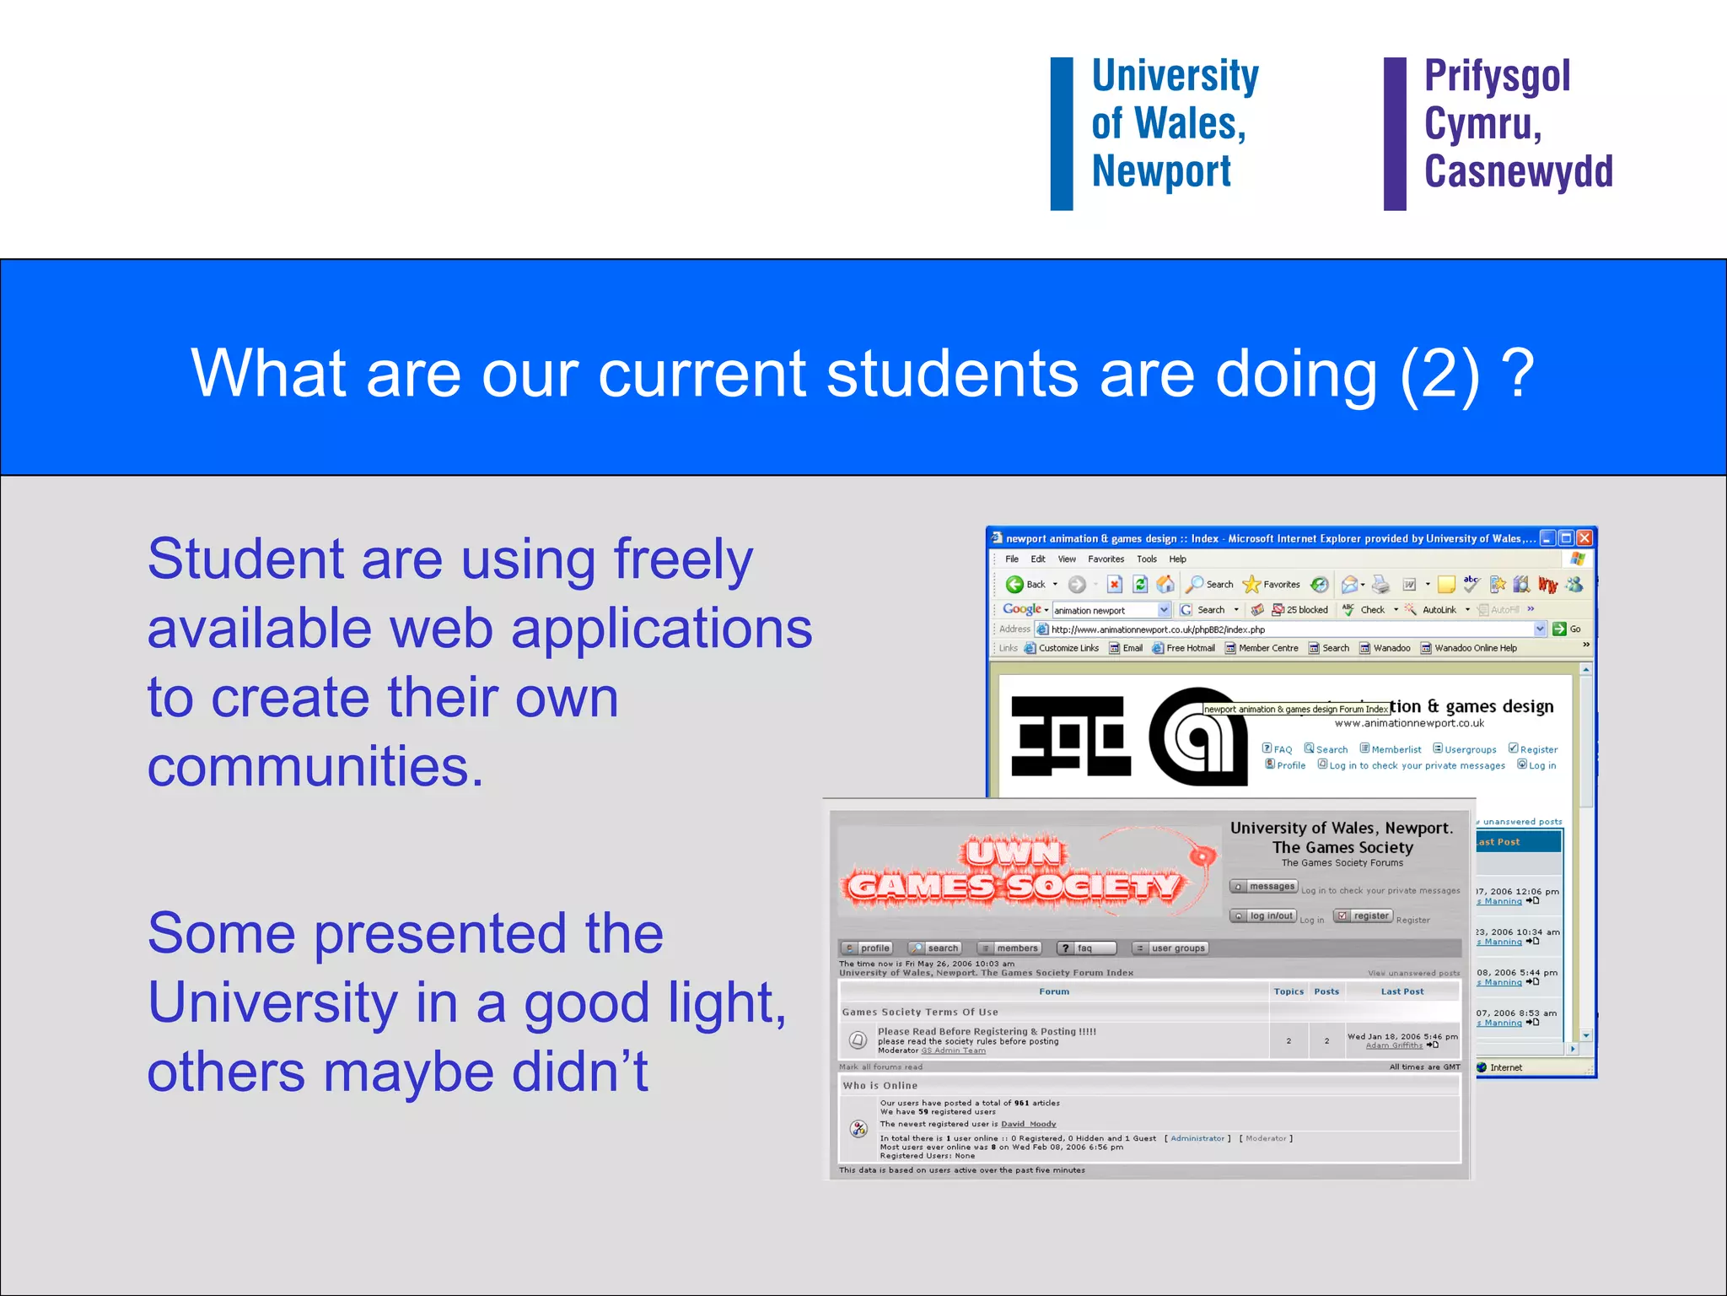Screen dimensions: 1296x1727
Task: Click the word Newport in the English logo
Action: (x=1161, y=172)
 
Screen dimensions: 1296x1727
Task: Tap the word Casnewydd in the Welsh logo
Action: (x=1518, y=172)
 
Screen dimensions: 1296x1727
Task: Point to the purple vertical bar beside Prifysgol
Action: (x=1395, y=133)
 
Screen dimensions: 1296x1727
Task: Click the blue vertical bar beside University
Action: (x=1061, y=133)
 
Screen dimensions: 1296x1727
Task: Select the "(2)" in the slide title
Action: (x=1439, y=374)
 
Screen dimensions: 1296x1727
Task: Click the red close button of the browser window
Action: (x=1584, y=538)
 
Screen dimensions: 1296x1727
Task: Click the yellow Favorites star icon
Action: (x=1251, y=584)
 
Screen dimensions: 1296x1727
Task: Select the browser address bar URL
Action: (x=1158, y=629)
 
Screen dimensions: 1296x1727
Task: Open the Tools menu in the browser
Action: (x=1146, y=559)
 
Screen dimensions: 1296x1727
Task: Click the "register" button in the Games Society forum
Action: (x=1364, y=916)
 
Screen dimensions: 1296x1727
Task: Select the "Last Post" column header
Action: (x=1402, y=991)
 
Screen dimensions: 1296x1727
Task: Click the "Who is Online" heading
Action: (x=880, y=1086)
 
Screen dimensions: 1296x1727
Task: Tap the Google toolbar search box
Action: (x=1105, y=610)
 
